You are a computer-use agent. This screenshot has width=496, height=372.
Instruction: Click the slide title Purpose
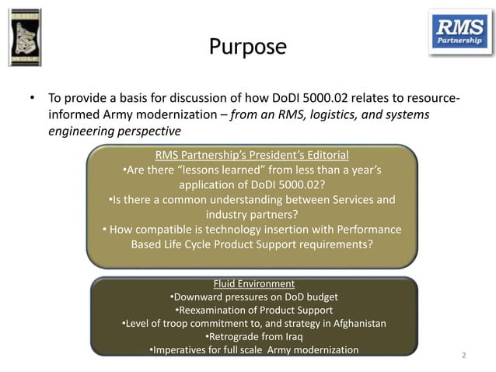247,47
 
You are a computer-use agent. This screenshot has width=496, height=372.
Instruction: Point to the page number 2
464,356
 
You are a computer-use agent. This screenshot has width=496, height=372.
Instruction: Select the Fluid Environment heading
253,283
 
